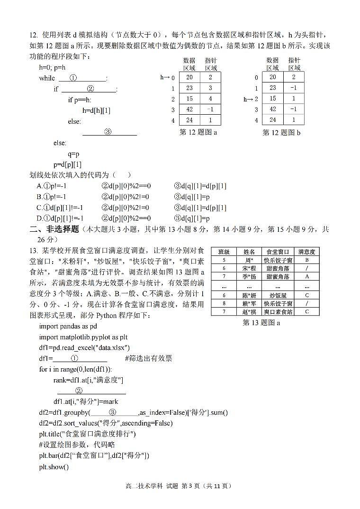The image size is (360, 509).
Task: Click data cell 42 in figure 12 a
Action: pos(189,109)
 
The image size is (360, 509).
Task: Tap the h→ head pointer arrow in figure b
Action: pos(248,99)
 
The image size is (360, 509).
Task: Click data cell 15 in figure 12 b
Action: pos(273,99)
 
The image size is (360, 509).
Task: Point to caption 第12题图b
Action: pos(281,133)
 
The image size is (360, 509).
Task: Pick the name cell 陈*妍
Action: pos(249,295)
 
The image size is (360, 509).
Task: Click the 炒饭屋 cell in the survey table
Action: pos(278,295)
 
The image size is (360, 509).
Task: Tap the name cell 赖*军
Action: pos(249,303)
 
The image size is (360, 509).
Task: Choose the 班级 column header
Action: pos(224,252)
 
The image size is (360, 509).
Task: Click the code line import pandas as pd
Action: pos(68,326)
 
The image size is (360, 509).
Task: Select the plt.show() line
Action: pos(54,467)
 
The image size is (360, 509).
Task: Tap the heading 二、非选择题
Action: pos(54,229)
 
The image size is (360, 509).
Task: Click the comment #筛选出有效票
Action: pos(148,358)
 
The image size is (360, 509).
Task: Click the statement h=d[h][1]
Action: pos(96,110)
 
